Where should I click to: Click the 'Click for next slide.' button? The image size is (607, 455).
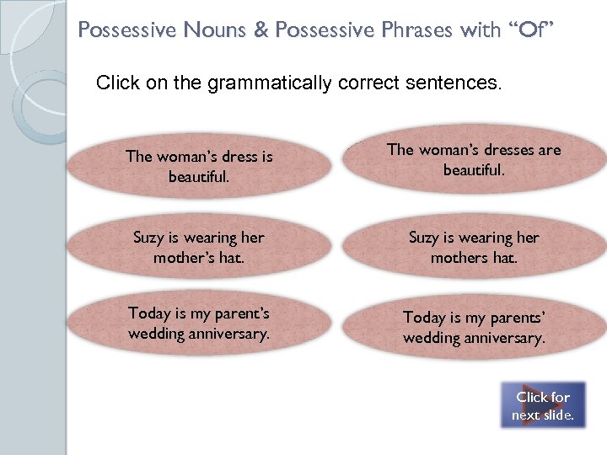543,405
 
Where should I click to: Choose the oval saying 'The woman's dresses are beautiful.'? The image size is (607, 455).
473,160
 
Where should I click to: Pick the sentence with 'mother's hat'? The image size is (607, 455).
199,248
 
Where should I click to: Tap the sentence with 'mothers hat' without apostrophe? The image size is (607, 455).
473,248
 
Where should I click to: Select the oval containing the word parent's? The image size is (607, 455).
199,324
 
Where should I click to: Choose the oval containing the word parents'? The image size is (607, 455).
473,328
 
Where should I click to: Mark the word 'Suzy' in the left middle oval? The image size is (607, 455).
149,238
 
